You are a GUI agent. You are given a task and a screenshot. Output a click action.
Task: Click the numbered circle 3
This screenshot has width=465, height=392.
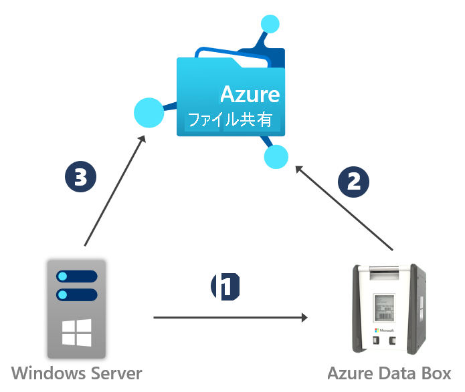(x=80, y=176)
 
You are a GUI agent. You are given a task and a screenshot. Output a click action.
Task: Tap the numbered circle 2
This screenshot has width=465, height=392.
(x=353, y=182)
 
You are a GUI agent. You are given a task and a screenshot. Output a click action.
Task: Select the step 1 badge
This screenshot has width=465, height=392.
(x=225, y=286)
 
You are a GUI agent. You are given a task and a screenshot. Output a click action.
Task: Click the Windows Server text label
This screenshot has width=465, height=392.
(x=76, y=373)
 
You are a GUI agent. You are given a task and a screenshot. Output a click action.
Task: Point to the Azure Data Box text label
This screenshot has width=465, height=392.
(x=389, y=373)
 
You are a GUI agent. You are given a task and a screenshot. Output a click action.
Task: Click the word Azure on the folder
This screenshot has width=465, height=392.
(x=250, y=94)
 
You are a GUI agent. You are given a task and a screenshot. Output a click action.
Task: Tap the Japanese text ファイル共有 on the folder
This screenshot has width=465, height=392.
(x=230, y=120)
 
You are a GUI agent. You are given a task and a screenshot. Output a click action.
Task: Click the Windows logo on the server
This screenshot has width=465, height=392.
(x=77, y=333)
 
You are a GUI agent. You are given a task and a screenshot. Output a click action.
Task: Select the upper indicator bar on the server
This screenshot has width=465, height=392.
(x=77, y=276)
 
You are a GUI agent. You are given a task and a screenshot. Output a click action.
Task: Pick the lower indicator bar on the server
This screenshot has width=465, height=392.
(x=77, y=295)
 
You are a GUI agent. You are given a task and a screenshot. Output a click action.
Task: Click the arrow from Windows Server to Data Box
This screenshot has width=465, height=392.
(x=230, y=318)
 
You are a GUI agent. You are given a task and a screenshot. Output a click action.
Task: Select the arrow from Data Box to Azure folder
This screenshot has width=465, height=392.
(x=344, y=208)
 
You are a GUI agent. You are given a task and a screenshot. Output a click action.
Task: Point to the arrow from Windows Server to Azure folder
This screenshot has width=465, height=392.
(x=115, y=191)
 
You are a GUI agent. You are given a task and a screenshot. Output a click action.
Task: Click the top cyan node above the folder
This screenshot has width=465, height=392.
(x=270, y=23)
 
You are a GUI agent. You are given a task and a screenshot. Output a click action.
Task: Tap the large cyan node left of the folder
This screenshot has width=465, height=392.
(x=149, y=112)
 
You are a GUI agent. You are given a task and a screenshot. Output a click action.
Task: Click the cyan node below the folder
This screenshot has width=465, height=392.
(x=276, y=157)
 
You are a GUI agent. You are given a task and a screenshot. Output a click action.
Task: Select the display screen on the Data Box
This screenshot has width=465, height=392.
(x=385, y=308)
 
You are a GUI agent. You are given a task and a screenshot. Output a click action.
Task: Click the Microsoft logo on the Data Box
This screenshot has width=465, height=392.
(x=384, y=330)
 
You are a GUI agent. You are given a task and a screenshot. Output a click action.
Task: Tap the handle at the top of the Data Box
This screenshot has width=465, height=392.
(x=384, y=272)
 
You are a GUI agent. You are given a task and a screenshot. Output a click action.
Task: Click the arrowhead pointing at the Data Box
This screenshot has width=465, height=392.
(x=304, y=318)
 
